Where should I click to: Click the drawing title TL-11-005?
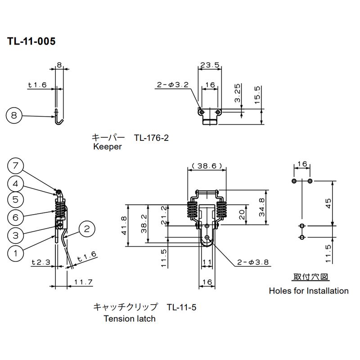[31, 41]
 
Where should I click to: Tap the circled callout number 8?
[14, 116]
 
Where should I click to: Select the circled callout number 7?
[15, 166]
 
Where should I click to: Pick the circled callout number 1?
[15, 253]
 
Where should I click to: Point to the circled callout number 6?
[15, 217]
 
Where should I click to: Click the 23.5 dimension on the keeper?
[210, 65]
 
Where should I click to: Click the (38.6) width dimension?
[207, 166]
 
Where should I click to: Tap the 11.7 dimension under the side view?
[83, 282]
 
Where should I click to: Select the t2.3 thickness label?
[40, 261]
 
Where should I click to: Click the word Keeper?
[107, 147]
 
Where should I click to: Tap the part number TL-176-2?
[151, 138]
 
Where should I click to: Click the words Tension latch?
[130, 319]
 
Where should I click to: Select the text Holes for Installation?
[309, 291]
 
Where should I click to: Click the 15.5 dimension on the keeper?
[257, 95]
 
